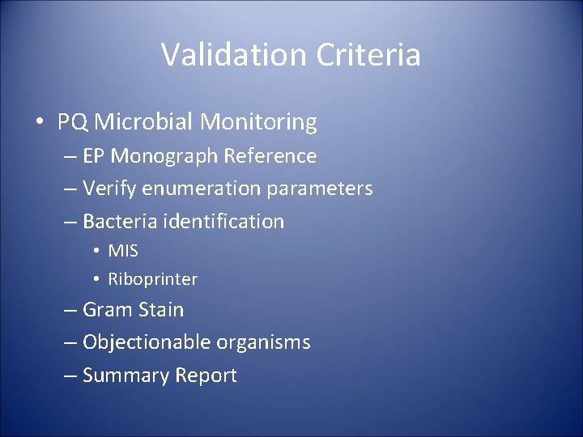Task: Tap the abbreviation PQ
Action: click(x=74, y=122)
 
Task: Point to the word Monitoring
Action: click(x=258, y=123)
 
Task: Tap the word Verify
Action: click(x=109, y=189)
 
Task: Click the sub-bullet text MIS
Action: click(x=123, y=251)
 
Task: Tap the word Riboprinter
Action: click(x=153, y=279)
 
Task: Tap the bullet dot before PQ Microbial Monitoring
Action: click(x=39, y=123)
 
